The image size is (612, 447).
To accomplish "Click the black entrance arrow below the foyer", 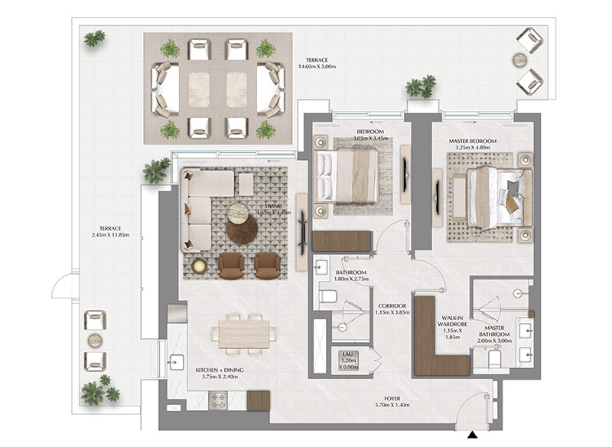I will click(x=474, y=436).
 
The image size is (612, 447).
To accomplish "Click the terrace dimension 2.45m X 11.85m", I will click(x=108, y=232).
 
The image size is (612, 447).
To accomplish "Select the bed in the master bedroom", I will click(x=497, y=197).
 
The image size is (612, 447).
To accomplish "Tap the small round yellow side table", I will click(x=200, y=266).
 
